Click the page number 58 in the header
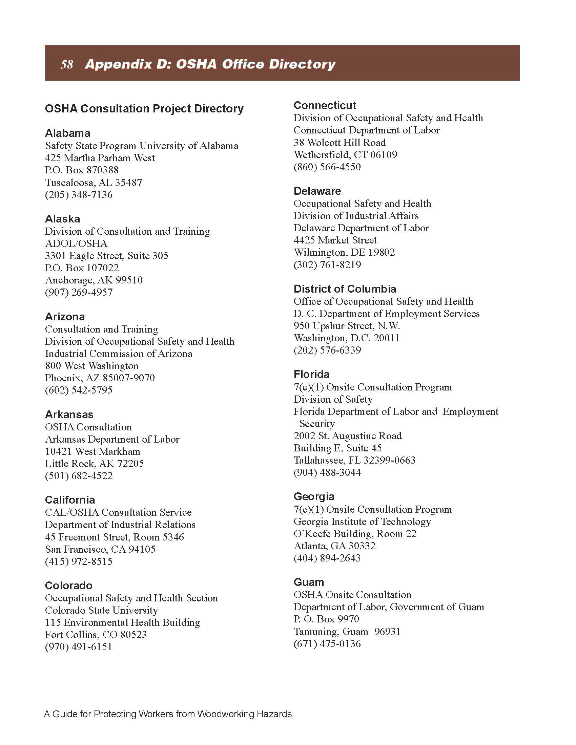click(x=67, y=64)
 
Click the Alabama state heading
click(x=67, y=133)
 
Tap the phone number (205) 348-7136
click(x=79, y=195)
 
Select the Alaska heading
click(x=62, y=219)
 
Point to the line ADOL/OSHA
click(x=76, y=243)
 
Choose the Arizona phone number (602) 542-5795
click(x=79, y=390)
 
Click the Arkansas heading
click(x=69, y=414)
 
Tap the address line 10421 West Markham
click(x=92, y=451)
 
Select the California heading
click(x=70, y=500)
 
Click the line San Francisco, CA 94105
click(x=100, y=549)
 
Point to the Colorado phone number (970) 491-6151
click(x=79, y=647)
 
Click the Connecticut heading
click(x=325, y=105)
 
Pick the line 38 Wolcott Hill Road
click(x=340, y=142)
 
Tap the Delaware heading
click(x=317, y=191)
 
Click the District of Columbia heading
click(x=345, y=289)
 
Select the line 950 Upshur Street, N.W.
click(x=346, y=326)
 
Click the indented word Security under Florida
click(x=317, y=424)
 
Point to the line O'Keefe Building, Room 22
click(x=355, y=533)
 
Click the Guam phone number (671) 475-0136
click(x=327, y=644)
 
